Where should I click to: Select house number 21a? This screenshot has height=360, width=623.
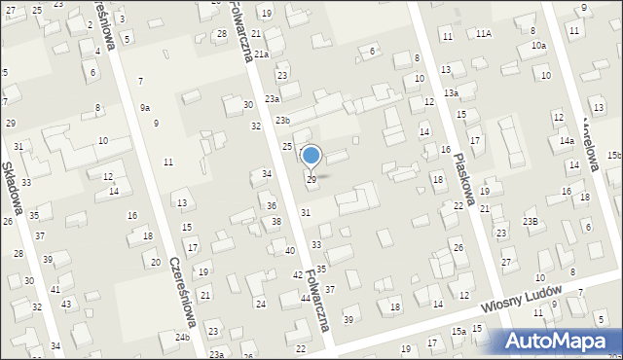coord(262,54)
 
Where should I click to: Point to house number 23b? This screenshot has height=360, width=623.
coord(282,120)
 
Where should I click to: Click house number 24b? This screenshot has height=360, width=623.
coord(182,337)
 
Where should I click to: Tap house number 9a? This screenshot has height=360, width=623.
coord(145,107)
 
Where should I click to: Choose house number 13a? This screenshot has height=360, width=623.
coord(451,92)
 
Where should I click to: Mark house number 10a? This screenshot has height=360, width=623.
coord(538,46)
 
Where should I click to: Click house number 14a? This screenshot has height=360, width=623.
coord(567,141)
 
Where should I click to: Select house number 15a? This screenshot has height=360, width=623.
coord(458,332)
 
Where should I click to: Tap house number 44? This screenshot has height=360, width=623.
coord(306,298)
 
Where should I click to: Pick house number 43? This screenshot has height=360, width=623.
coord(66,305)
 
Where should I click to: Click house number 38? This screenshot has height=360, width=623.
coord(277,222)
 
